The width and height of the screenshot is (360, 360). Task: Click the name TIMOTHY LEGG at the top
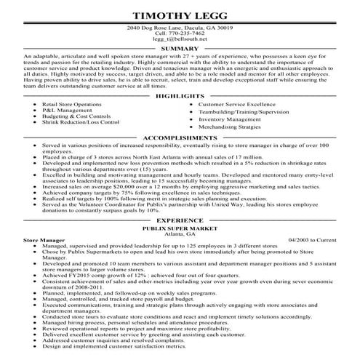[180, 15]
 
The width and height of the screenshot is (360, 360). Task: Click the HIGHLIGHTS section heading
[180, 97]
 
